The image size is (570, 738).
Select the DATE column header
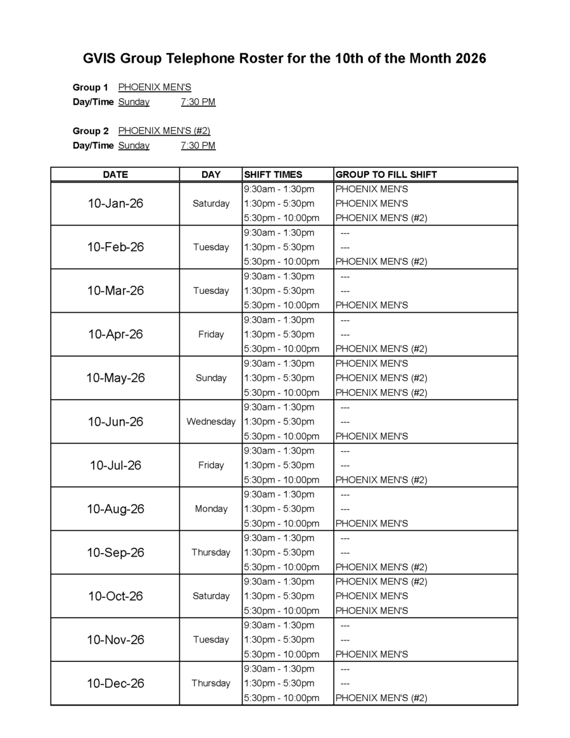click(115, 174)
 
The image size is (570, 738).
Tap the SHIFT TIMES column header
click(273, 174)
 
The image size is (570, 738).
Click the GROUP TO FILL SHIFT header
click(386, 174)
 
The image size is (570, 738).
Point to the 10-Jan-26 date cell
click(115, 203)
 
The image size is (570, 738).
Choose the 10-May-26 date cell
click(115, 378)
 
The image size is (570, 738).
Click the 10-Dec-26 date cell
click(115, 684)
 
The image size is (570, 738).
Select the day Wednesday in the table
click(211, 422)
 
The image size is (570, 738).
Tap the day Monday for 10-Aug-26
click(211, 509)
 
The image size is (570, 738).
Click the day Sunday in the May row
click(211, 378)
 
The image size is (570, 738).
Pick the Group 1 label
click(91, 87)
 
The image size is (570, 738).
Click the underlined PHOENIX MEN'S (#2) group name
click(164, 131)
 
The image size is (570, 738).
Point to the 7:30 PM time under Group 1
click(198, 102)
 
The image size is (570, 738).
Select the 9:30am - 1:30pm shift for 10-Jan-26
click(279, 189)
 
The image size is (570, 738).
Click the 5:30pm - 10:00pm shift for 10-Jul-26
click(281, 480)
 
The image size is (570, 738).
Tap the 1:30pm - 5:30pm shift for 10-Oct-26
click(279, 596)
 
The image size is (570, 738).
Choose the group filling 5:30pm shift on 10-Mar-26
click(371, 305)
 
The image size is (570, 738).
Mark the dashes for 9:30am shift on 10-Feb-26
click(345, 232)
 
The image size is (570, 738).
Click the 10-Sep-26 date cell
click(115, 552)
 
